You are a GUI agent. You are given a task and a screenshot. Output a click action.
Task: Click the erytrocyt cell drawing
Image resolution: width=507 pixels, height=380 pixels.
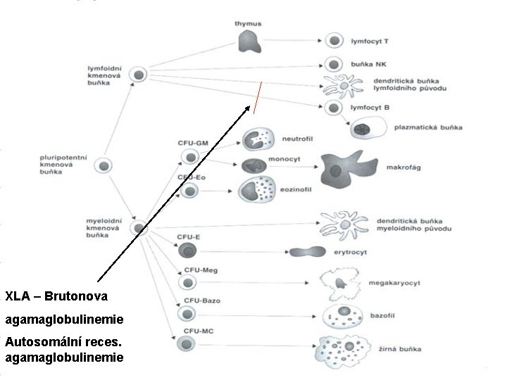[x=308, y=251]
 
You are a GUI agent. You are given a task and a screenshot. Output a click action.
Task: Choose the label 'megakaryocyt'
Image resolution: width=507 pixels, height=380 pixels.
[x=394, y=283]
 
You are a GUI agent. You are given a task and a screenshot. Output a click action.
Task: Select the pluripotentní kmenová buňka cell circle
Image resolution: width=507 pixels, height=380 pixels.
[x=104, y=166]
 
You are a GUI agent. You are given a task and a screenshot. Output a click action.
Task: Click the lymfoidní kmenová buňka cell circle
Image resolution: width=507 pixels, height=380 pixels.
[x=139, y=75]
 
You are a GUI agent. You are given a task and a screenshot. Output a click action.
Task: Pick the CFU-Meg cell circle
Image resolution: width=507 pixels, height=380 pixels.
[x=187, y=282]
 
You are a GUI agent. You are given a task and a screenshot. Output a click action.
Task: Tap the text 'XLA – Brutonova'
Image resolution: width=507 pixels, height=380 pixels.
[x=56, y=294]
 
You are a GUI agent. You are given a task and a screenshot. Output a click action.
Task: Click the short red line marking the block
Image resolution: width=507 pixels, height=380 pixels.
[x=258, y=98]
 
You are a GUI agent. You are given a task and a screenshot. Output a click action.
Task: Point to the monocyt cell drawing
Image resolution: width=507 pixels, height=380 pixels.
[x=254, y=166]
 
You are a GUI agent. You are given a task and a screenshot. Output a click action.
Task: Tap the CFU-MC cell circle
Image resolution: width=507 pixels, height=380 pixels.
[x=186, y=343]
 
